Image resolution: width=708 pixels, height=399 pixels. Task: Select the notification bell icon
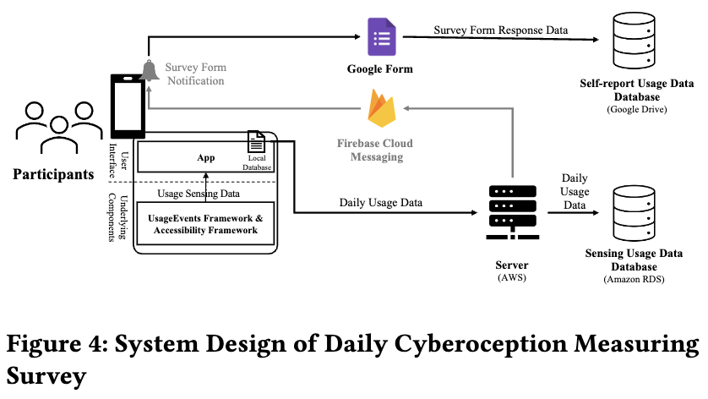pos(150,70)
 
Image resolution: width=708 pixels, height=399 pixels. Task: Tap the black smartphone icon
pos(128,106)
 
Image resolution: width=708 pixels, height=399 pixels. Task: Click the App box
pos(205,157)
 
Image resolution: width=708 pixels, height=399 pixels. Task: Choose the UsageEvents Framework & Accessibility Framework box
pos(207,224)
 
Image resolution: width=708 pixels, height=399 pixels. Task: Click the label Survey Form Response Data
pos(500,30)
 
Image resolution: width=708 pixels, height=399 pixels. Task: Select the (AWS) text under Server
pos(511,278)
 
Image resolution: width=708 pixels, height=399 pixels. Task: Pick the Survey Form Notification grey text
pos(195,74)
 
